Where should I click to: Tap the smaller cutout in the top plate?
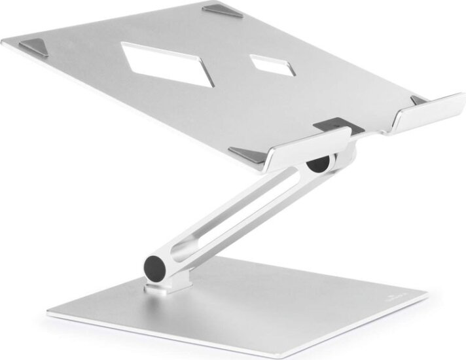[x=270, y=65]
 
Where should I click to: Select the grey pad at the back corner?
[x=223, y=11]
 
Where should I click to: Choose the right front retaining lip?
[x=431, y=112]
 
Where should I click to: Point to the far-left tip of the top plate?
[x=4, y=43]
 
